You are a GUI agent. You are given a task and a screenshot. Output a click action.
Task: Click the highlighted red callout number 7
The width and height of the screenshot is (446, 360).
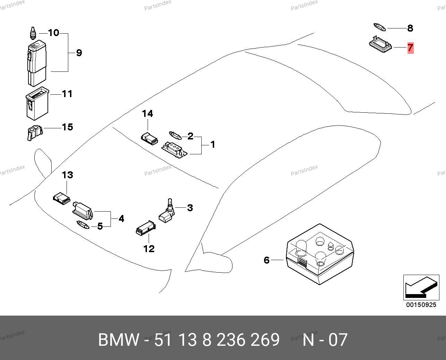[x=410, y=48]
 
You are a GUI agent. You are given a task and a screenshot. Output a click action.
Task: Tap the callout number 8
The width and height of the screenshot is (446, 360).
[x=410, y=28]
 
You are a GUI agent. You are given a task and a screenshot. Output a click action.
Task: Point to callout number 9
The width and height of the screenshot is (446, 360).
[x=79, y=53]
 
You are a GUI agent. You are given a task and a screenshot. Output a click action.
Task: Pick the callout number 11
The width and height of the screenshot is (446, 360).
[x=67, y=94]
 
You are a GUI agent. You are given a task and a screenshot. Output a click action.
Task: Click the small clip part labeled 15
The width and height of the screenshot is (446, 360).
[x=35, y=133]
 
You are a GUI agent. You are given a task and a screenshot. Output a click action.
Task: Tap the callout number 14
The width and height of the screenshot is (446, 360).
[x=147, y=113]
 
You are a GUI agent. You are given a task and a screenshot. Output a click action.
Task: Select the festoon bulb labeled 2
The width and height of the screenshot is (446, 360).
[x=175, y=135]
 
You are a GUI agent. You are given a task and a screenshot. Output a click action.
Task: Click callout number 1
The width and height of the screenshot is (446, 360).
[x=213, y=144]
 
